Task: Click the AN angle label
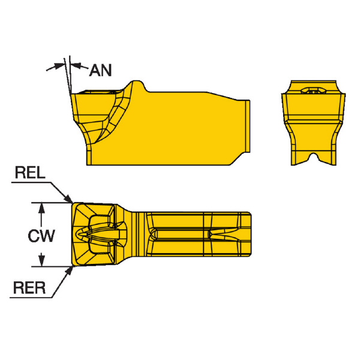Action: pos(100,71)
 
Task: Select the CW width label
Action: pos(41,236)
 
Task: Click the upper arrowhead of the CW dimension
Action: pos(41,207)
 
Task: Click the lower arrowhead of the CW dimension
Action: pos(41,261)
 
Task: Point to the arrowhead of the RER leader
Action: pos(70,269)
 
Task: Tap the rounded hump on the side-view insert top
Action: pos(138,85)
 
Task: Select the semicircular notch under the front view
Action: pos(313,158)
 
